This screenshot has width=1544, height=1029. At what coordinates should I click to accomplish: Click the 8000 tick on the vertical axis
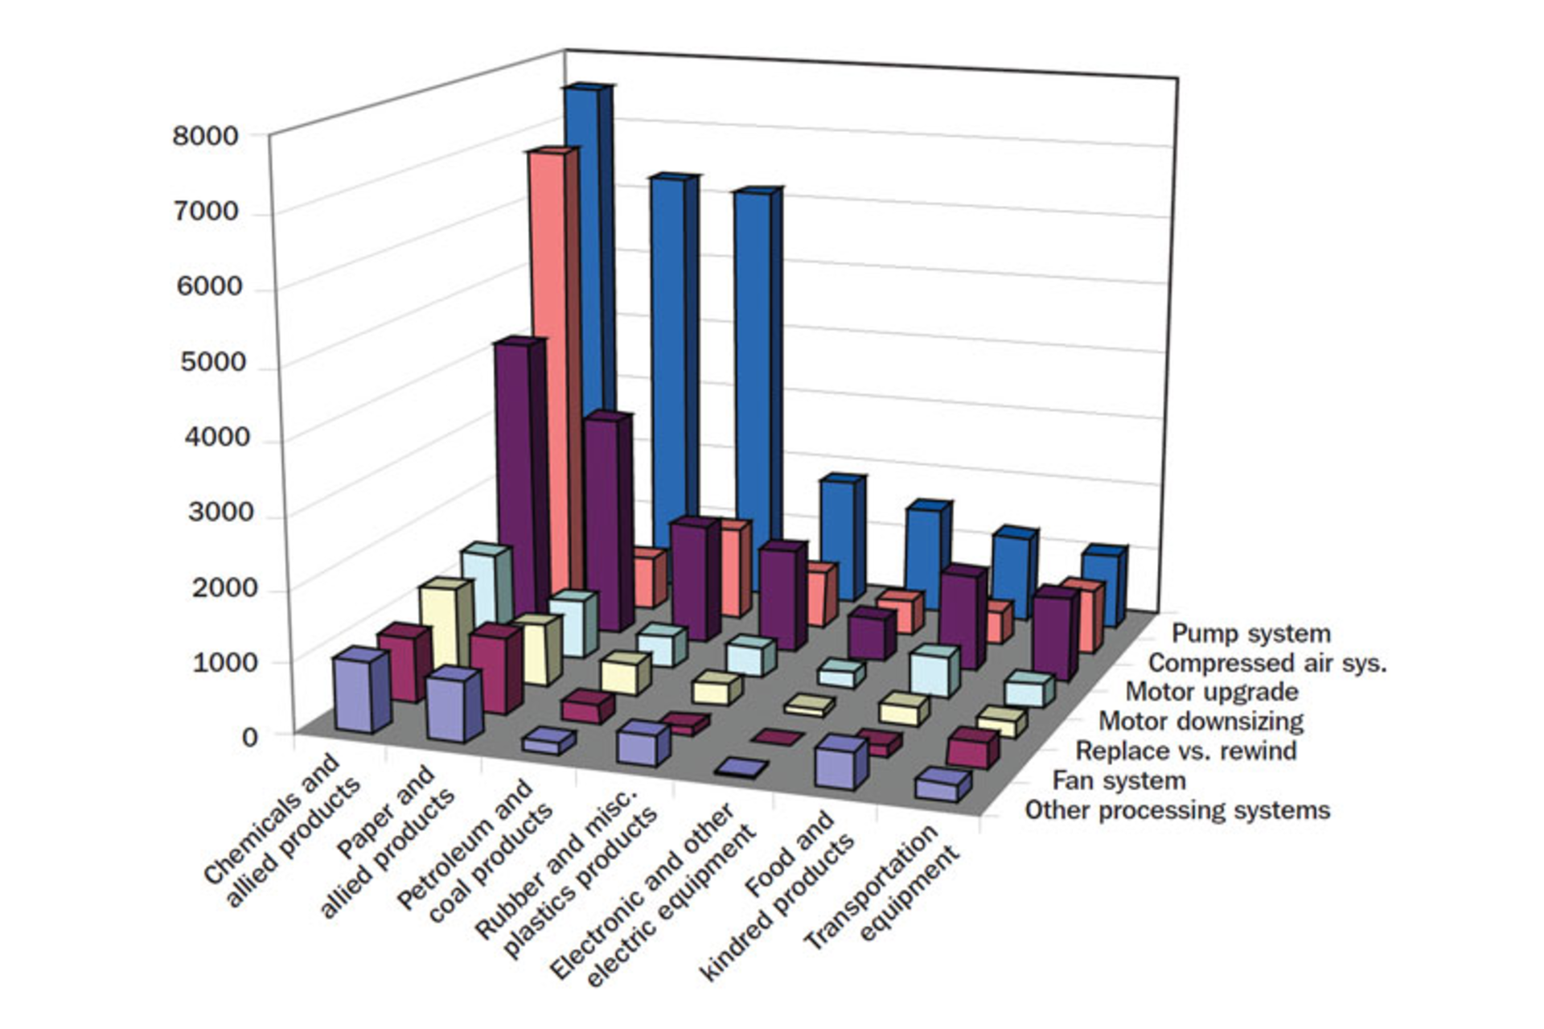205,136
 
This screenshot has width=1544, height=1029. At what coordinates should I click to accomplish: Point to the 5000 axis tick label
212,362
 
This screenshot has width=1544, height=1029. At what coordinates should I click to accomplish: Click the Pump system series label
1250,634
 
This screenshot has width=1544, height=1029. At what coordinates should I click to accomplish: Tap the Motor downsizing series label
1201,722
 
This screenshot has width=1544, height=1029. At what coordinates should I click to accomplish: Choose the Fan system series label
1119,780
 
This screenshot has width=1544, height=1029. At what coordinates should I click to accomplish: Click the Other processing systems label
1176,810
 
